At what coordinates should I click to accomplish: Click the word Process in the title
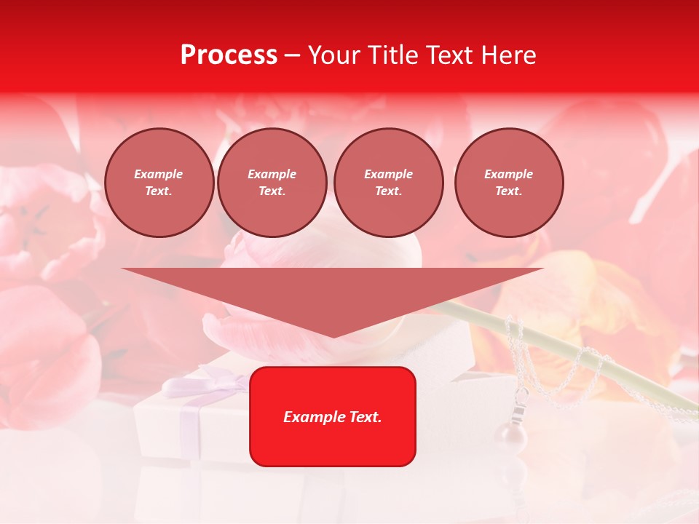(x=229, y=55)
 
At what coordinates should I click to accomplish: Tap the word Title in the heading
(x=392, y=55)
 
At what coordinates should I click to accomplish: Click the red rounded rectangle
(x=332, y=444)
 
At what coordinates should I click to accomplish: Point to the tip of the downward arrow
(x=333, y=336)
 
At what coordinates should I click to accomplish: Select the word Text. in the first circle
(x=159, y=191)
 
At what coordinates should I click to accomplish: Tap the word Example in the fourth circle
(x=508, y=174)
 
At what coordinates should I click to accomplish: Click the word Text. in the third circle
(x=388, y=191)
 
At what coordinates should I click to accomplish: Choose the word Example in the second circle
(x=272, y=174)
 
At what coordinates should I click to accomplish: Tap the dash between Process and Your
(x=292, y=55)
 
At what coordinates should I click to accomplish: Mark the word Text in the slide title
(x=450, y=55)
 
